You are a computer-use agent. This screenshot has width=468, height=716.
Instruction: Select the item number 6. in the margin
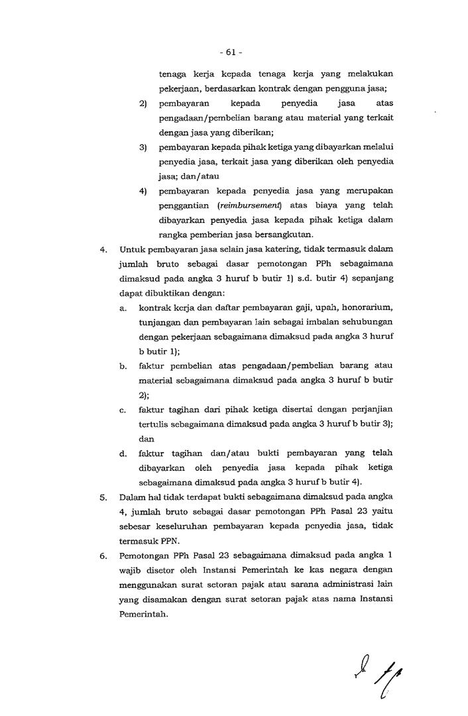pos(103,556)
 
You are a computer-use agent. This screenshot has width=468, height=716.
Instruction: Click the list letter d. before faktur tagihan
pos(123,453)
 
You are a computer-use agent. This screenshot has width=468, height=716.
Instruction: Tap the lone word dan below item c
pos(146,438)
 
